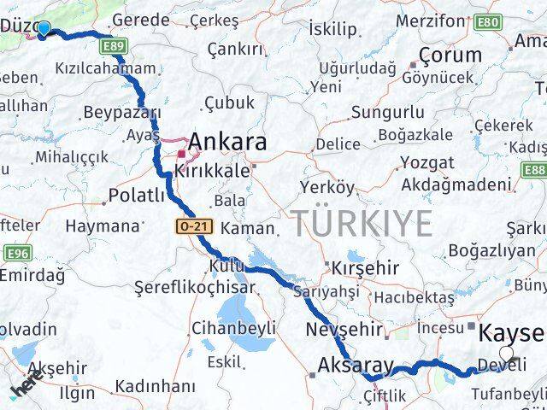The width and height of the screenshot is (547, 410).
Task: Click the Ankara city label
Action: [x=227, y=142]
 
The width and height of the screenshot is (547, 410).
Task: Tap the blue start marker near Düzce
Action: [x=44, y=29]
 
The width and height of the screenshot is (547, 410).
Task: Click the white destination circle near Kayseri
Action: [x=507, y=353]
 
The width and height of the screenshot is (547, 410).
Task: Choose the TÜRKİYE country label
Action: [x=364, y=224]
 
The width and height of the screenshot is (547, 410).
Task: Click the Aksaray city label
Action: [x=356, y=366]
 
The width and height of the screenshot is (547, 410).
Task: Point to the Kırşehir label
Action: [x=365, y=267]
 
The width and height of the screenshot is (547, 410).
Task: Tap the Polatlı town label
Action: [x=137, y=196]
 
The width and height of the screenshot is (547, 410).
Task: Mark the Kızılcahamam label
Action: [x=107, y=69]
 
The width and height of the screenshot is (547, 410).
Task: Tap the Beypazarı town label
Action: [x=123, y=113]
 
